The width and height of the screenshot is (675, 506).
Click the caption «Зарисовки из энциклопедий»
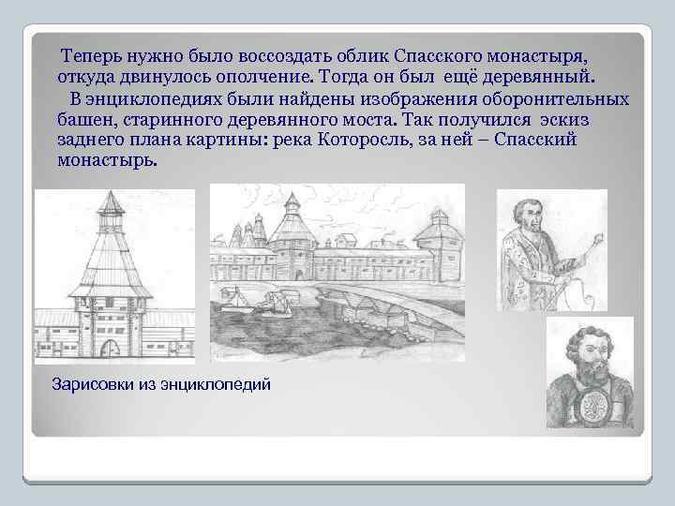point(160,384)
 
